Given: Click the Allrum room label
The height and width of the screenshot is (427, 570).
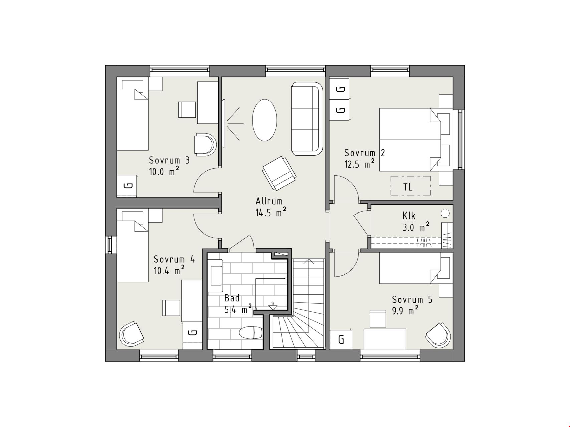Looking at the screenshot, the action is click(269, 201).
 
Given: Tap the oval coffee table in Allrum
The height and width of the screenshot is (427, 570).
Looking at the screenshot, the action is click(265, 120).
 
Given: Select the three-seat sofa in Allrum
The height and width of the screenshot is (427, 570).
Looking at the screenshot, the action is click(307, 118).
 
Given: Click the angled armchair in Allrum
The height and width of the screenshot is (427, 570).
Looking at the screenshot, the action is click(279, 173).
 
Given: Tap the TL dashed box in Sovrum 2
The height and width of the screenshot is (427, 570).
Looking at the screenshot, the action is click(410, 186).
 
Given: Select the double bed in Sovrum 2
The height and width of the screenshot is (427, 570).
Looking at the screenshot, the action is click(415, 140).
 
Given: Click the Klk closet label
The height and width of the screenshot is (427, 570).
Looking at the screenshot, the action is click(409, 216).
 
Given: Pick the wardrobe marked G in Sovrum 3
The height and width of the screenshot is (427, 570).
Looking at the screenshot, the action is click(127, 186).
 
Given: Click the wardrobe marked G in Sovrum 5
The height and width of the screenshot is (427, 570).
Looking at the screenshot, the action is click(341, 340).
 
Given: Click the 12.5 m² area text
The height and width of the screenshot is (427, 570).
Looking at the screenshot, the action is click(359, 164).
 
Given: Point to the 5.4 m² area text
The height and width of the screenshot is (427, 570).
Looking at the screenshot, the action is click(238, 309).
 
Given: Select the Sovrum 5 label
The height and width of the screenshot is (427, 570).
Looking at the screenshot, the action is click(412, 300).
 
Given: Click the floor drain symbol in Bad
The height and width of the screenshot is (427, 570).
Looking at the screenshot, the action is click(273, 305).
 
